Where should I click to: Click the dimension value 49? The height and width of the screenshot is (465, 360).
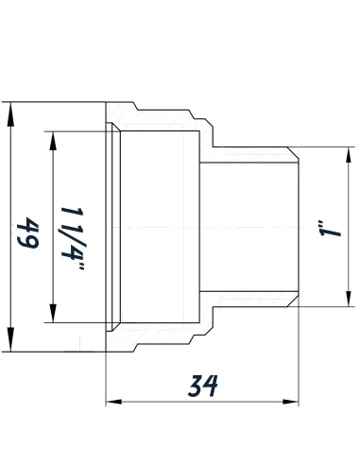[x=26, y=228]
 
